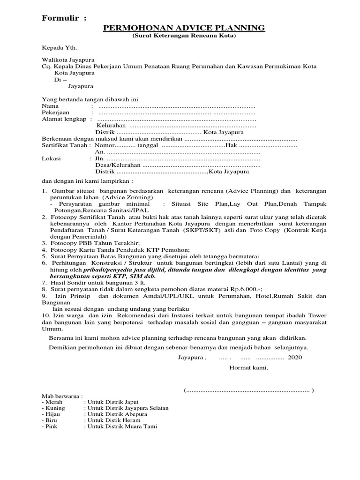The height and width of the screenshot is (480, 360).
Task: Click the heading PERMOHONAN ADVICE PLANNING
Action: click(184, 29)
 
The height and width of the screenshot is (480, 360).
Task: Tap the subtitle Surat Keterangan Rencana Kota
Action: click(184, 36)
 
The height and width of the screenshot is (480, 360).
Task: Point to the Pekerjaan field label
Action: click(56, 113)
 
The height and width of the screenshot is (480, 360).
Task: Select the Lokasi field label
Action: click(51, 159)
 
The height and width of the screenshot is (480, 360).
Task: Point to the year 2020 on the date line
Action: click(295, 357)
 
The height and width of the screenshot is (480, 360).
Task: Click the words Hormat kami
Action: click(248, 367)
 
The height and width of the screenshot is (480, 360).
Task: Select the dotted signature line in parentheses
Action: click(249, 390)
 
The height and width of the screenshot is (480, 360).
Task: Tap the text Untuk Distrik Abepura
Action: click(115, 414)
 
